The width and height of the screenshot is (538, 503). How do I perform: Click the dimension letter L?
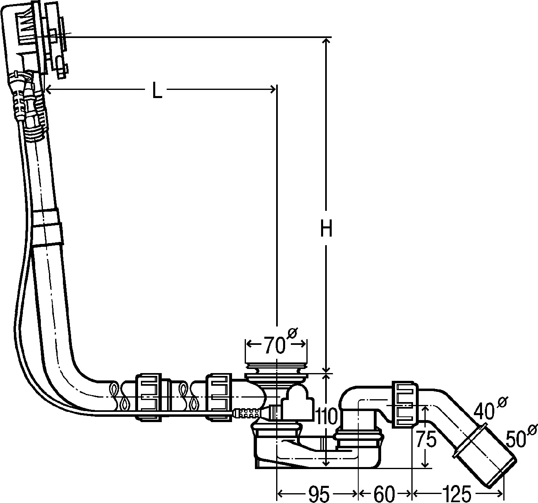coord(157,90)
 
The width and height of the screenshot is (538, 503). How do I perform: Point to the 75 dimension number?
coord(426,440)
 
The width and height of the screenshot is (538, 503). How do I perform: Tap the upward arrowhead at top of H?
coord(326,41)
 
